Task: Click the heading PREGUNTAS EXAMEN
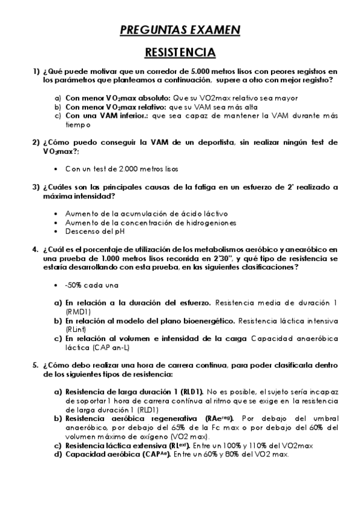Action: tap(180, 29)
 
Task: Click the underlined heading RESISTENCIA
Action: tap(180, 52)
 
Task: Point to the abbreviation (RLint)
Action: tap(76, 330)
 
